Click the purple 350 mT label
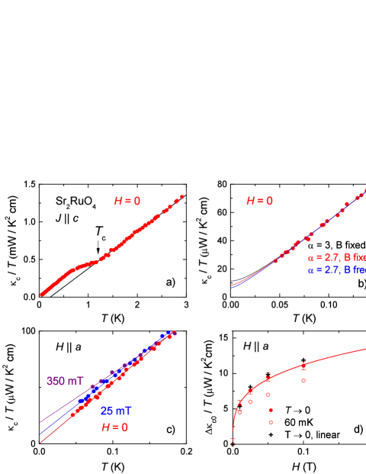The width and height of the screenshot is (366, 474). (65, 381)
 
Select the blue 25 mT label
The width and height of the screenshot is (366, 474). (116, 411)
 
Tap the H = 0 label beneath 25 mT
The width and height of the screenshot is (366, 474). (114, 427)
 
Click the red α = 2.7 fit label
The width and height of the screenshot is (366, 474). (336, 257)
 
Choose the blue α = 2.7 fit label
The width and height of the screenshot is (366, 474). (336, 270)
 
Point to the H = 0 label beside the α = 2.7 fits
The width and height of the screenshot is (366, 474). (259, 202)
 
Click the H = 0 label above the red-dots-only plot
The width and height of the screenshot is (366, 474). (127, 202)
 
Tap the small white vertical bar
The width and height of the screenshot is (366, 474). (230, 331)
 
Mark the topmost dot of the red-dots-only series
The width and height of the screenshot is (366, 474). (182, 197)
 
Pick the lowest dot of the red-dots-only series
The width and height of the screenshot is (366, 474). (42, 294)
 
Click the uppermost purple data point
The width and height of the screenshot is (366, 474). (175, 333)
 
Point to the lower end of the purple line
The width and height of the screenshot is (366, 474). (40, 422)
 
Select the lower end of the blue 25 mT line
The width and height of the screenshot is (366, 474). (40, 434)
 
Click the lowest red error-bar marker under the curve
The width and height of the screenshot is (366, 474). (233, 441)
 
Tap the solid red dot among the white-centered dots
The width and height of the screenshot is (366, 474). (271, 410)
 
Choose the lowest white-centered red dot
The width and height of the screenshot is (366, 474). (271, 422)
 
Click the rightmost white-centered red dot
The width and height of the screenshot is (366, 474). (303, 380)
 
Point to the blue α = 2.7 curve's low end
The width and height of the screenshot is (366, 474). (232, 287)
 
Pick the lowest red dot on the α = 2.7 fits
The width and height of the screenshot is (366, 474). (275, 261)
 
